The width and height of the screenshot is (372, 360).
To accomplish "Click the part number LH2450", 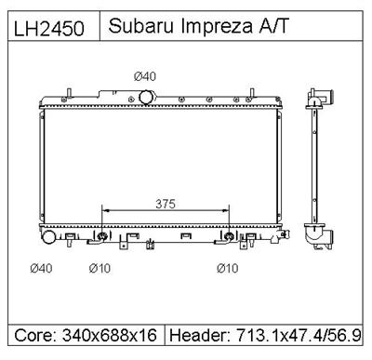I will coord(52,29).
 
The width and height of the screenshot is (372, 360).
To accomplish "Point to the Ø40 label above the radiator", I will coord(146,76).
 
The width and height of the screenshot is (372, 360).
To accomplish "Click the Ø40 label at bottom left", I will coord(42,269).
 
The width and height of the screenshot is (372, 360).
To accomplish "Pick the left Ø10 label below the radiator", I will coord(100,269).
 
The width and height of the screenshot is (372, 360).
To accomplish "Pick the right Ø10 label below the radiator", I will coord(228,269).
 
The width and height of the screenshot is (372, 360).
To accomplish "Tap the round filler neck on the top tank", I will coord(146,97).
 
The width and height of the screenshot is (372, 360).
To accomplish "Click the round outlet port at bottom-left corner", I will coord(46,239).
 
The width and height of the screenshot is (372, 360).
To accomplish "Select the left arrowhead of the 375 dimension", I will coord(105,211).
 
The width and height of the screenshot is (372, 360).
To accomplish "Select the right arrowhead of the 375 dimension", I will coord(225,211).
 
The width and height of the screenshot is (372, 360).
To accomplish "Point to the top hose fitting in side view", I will coord(322,96).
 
